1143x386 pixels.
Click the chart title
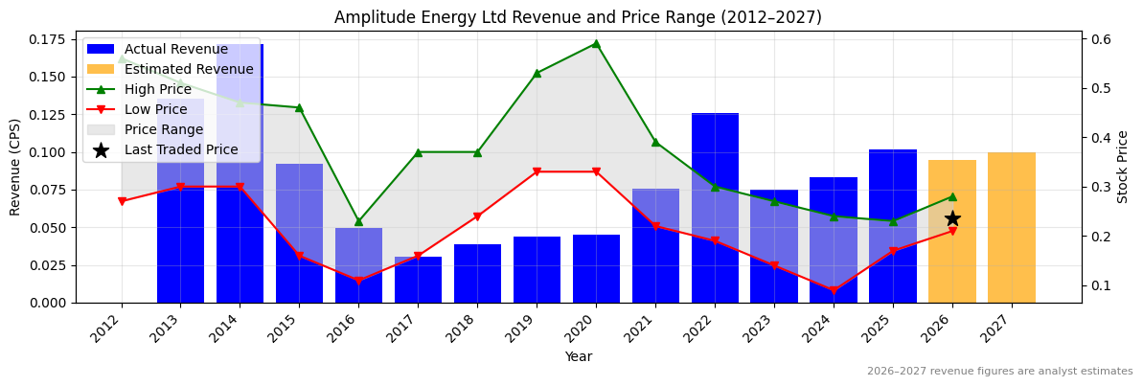(x=578, y=17)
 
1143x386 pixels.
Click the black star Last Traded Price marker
(x=952, y=218)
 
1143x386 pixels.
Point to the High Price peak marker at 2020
(x=596, y=43)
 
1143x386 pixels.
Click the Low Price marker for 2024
(x=834, y=290)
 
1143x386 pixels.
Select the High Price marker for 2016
(x=358, y=221)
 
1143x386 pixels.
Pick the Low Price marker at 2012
(x=122, y=201)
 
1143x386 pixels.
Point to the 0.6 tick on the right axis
(x=1100, y=39)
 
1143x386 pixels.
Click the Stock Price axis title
(x=1123, y=167)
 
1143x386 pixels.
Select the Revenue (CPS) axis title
(x=15, y=167)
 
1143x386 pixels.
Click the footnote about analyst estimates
(x=999, y=372)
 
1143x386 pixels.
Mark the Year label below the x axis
(x=578, y=356)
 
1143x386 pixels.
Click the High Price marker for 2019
(x=537, y=73)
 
